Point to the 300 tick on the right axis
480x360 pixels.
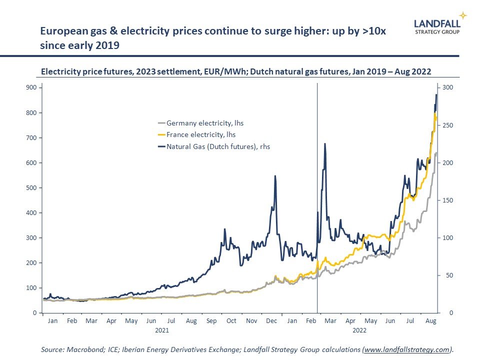click(448, 87)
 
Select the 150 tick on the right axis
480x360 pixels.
click(448, 200)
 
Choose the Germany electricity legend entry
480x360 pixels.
click(205, 123)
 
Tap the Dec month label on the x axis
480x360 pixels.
click(272, 321)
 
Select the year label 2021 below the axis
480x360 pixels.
click(161, 330)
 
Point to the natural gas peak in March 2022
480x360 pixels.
click(325, 144)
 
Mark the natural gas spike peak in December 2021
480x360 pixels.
click(275, 176)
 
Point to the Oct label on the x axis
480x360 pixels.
click(231, 321)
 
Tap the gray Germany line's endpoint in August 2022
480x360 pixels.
click(436, 153)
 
